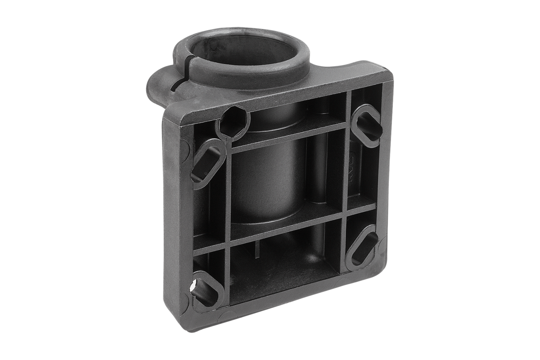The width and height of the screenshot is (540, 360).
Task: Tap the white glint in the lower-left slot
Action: (193, 285)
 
